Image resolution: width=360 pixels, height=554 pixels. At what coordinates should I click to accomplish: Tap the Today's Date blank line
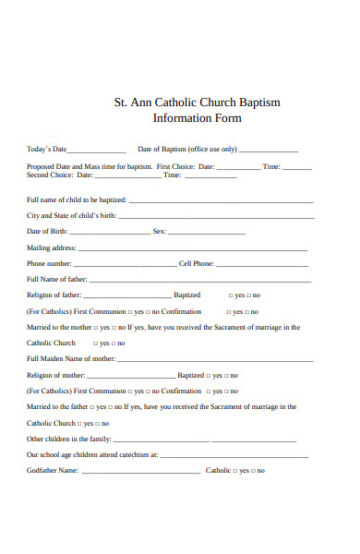pos(97,151)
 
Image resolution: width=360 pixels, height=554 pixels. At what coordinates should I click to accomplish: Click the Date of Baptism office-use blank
pos(269,151)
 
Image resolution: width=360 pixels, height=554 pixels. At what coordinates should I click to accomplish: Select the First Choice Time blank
pos(297,169)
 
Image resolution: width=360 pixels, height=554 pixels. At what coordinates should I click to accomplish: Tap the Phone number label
pos(49,263)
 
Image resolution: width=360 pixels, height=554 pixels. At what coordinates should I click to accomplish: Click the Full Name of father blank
pos(200,281)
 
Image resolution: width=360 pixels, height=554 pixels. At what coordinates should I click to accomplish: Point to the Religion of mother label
pos(56,375)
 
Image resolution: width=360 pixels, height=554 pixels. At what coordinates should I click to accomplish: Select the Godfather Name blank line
pos(140,471)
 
